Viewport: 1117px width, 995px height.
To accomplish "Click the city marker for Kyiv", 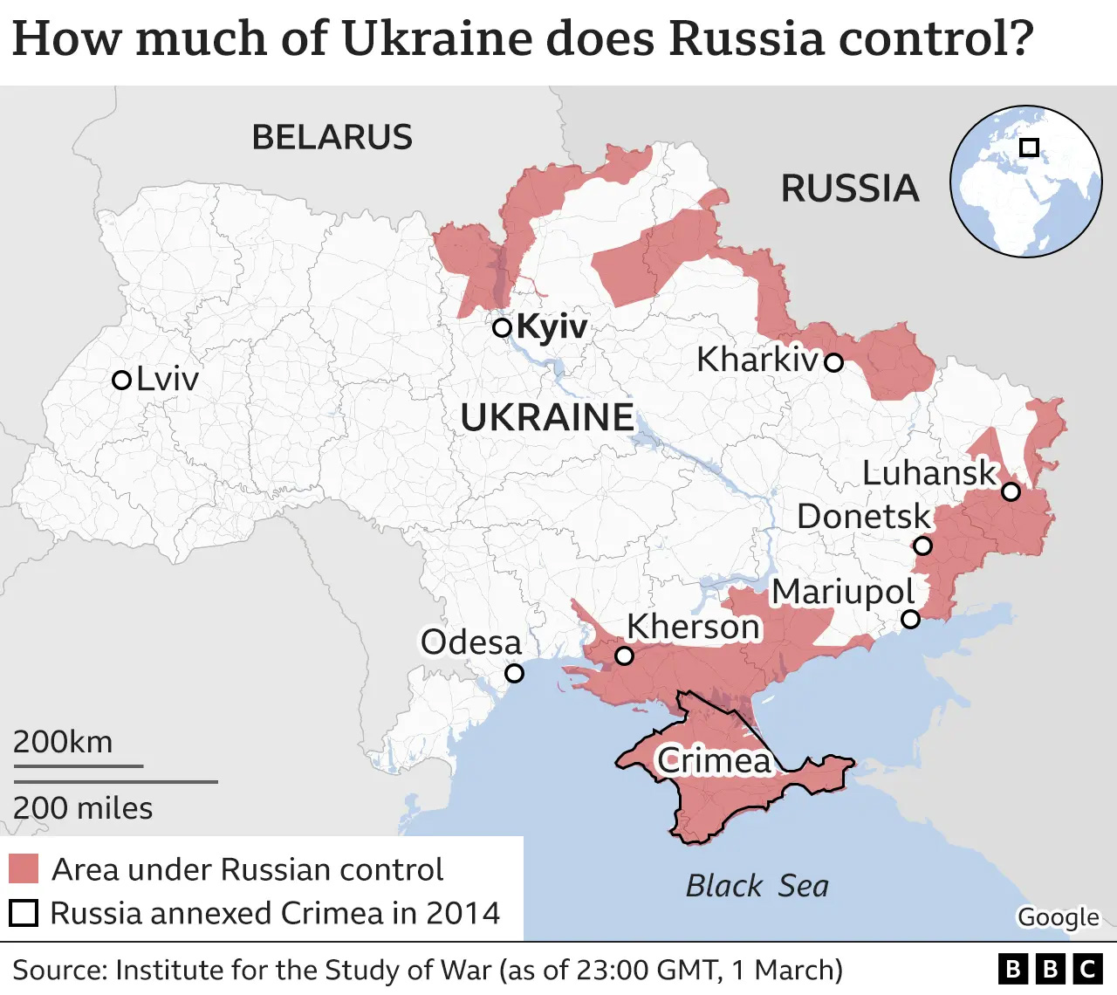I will click(x=502, y=328).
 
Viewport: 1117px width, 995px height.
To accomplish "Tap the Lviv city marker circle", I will click(x=122, y=381).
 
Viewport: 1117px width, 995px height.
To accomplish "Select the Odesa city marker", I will click(x=515, y=673).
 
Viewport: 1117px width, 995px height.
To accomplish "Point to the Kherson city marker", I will click(x=624, y=655).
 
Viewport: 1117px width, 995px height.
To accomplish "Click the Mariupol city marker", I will click(x=910, y=619).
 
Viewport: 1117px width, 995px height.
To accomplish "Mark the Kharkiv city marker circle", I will click(x=834, y=362).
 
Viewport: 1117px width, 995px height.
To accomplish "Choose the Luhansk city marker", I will click(x=1011, y=491).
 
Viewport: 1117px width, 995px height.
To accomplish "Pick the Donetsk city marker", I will click(x=922, y=546).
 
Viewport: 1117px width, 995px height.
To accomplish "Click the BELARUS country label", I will click(x=332, y=138).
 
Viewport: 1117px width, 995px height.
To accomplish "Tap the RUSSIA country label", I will click(x=849, y=189).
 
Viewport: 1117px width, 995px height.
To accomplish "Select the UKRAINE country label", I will click(x=547, y=418).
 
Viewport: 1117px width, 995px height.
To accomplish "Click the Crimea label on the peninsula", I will click(x=714, y=761).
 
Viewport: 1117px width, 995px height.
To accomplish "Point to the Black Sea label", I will click(x=757, y=886).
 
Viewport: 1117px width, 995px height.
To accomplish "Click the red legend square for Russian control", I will click(x=24, y=869).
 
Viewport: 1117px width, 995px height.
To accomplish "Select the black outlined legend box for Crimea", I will click(x=24, y=913).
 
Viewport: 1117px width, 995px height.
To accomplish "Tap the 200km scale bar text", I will click(x=63, y=742).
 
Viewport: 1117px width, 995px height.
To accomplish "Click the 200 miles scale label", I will click(x=83, y=808).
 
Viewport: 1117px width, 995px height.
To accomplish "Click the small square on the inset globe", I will click(x=1029, y=148).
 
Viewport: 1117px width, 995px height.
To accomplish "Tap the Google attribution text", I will click(x=1058, y=917).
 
